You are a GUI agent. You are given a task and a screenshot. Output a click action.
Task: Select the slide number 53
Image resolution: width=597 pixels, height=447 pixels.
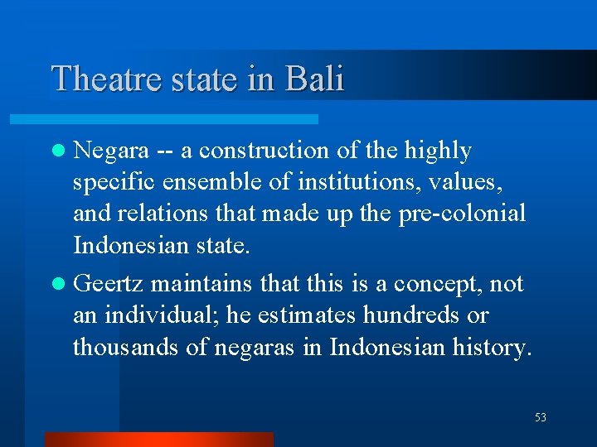[x=541, y=418]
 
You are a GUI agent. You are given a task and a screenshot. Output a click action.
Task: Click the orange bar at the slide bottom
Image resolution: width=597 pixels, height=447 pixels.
[x=158, y=439]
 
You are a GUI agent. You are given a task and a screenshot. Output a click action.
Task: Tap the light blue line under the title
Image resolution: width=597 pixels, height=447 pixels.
[x=182, y=119]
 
